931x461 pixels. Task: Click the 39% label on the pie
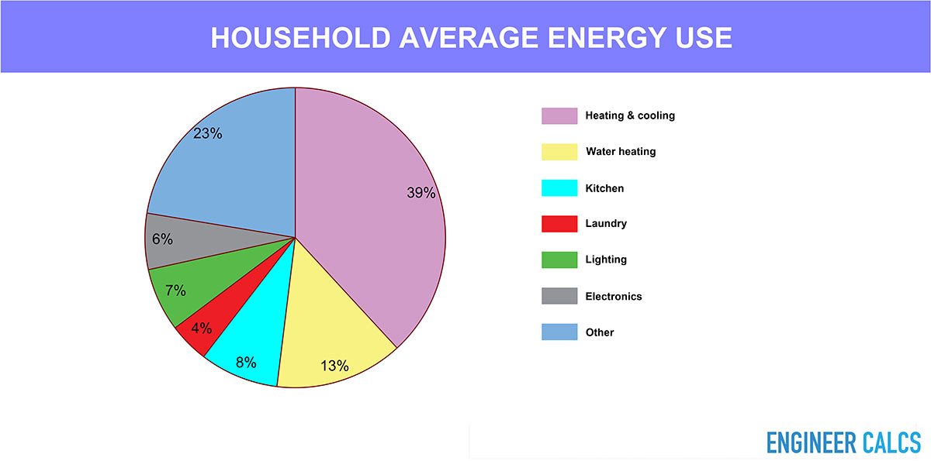coord(421,192)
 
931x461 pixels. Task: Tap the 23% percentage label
coord(207,133)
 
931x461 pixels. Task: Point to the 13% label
coord(334,366)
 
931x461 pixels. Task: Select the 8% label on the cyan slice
coord(246,363)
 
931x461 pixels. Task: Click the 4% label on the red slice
coord(202,329)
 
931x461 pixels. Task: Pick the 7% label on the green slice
coord(175,291)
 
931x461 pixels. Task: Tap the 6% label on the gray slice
coord(162,239)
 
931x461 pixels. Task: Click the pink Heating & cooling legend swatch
coord(559,115)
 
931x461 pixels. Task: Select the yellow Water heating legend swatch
coord(559,152)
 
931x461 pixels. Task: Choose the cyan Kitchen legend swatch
coord(559,188)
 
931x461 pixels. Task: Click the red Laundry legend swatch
coord(559,224)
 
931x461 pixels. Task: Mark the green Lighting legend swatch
coord(559,260)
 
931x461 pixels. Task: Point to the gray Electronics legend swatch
coord(559,296)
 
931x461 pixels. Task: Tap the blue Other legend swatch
coord(559,332)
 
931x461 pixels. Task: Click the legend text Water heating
coord(621,151)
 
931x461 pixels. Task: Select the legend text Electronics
coord(614,296)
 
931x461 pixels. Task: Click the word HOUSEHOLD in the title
coord(300,38)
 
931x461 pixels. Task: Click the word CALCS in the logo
coord(891,442)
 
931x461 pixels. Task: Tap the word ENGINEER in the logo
coord(812,442)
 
